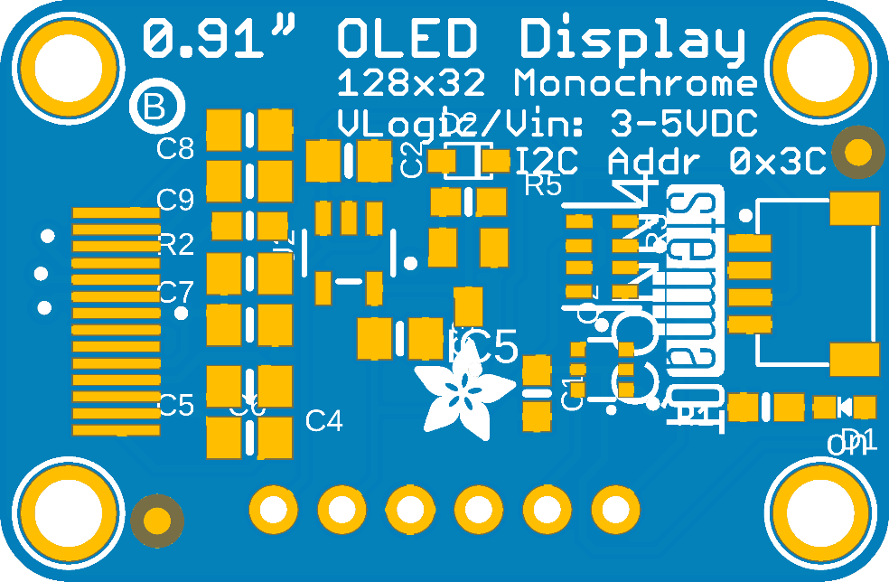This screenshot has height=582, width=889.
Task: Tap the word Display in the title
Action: [632, 42]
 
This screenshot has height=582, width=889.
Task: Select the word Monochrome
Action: [635, 84]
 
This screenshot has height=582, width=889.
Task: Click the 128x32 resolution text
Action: [411, 84]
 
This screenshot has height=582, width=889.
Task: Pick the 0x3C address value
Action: [778, 163]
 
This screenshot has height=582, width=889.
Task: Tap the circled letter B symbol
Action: [155, 108]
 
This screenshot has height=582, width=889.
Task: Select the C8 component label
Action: [175, 148]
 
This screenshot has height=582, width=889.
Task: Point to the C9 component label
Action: [175, 199]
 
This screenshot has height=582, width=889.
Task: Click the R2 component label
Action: [175, 245]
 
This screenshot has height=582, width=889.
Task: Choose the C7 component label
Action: [175, 292]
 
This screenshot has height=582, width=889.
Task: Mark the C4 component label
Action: [324, 420]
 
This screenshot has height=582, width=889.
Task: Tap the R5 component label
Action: [543, 186]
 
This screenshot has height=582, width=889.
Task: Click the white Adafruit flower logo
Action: [463, 395]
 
